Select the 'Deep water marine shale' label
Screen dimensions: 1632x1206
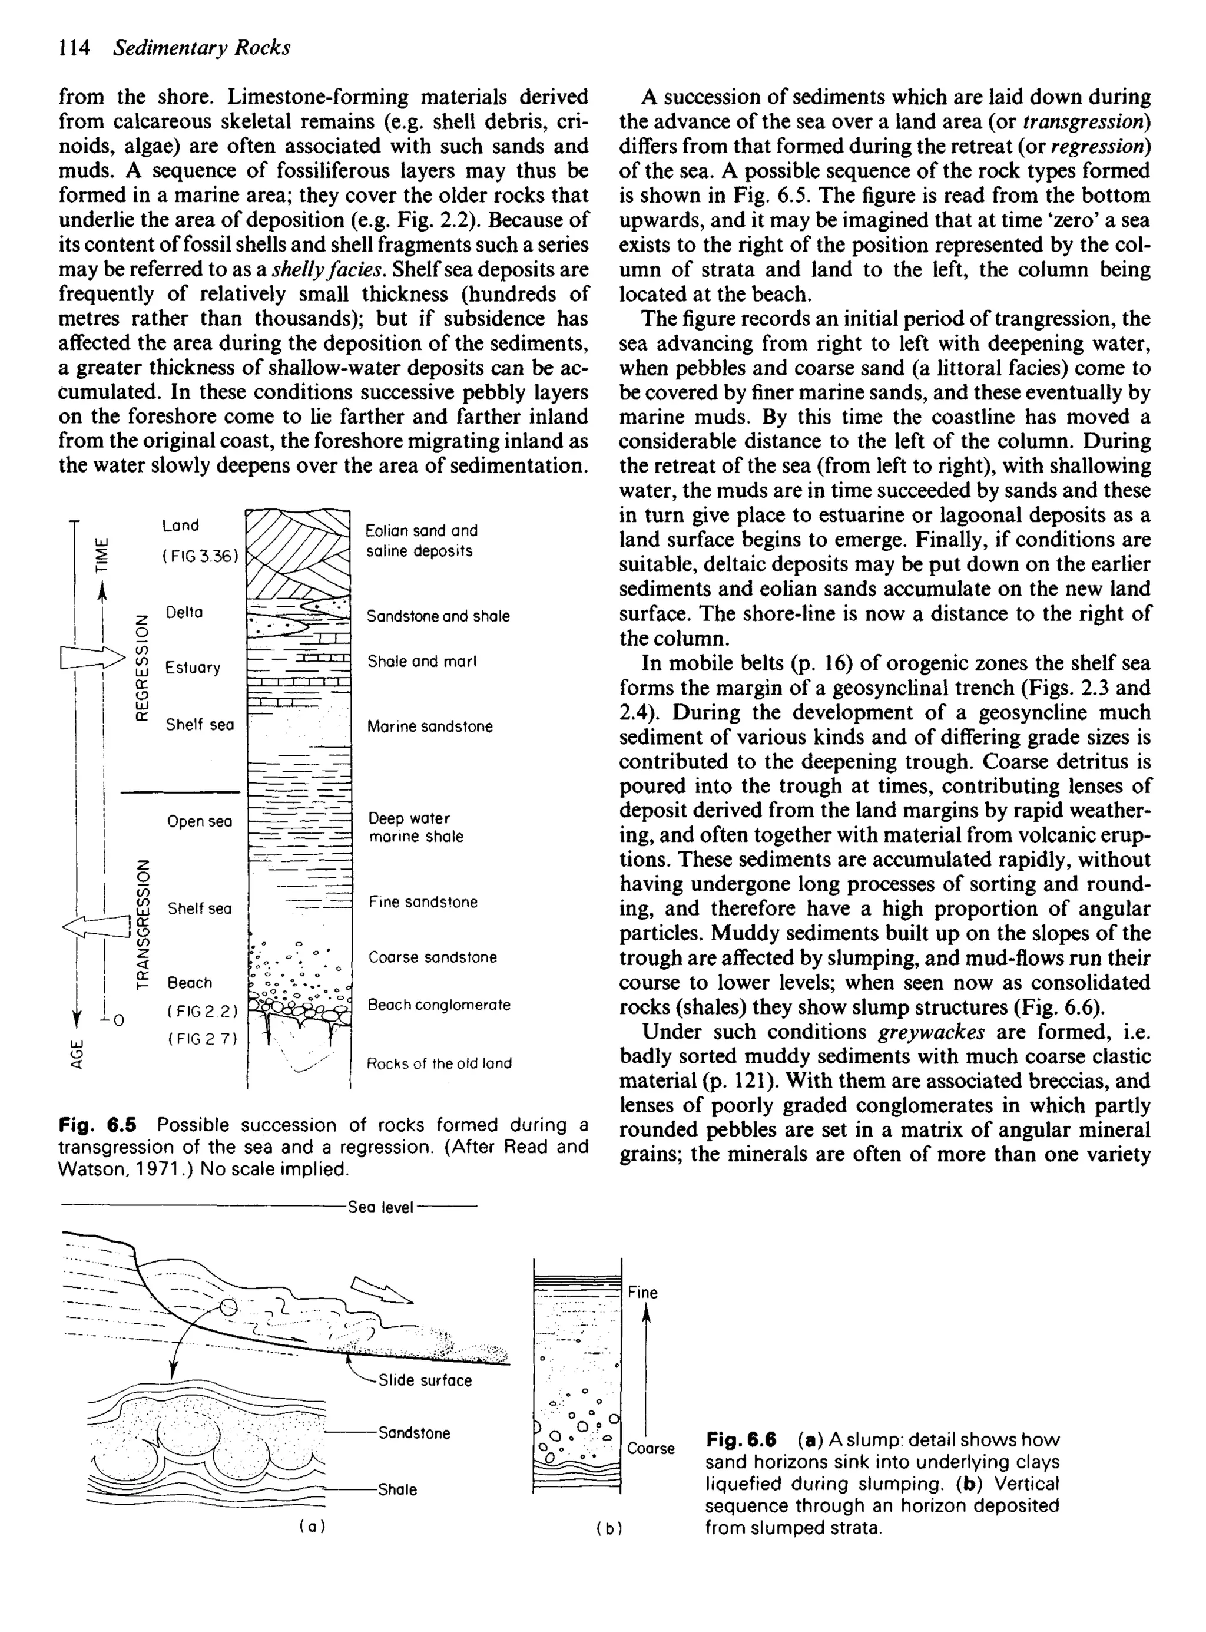[x=415, y=827]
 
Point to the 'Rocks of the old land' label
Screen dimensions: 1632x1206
[x=439, y=1063]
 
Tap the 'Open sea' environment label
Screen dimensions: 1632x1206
[x=199, y=821]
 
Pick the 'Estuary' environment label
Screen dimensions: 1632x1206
[x=193, y=668]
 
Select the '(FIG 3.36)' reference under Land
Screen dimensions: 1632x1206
[x=200, y=556]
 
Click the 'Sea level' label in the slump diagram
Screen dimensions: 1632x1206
[x=380, y=1208]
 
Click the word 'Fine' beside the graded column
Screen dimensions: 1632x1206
[x=642, y=1293]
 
